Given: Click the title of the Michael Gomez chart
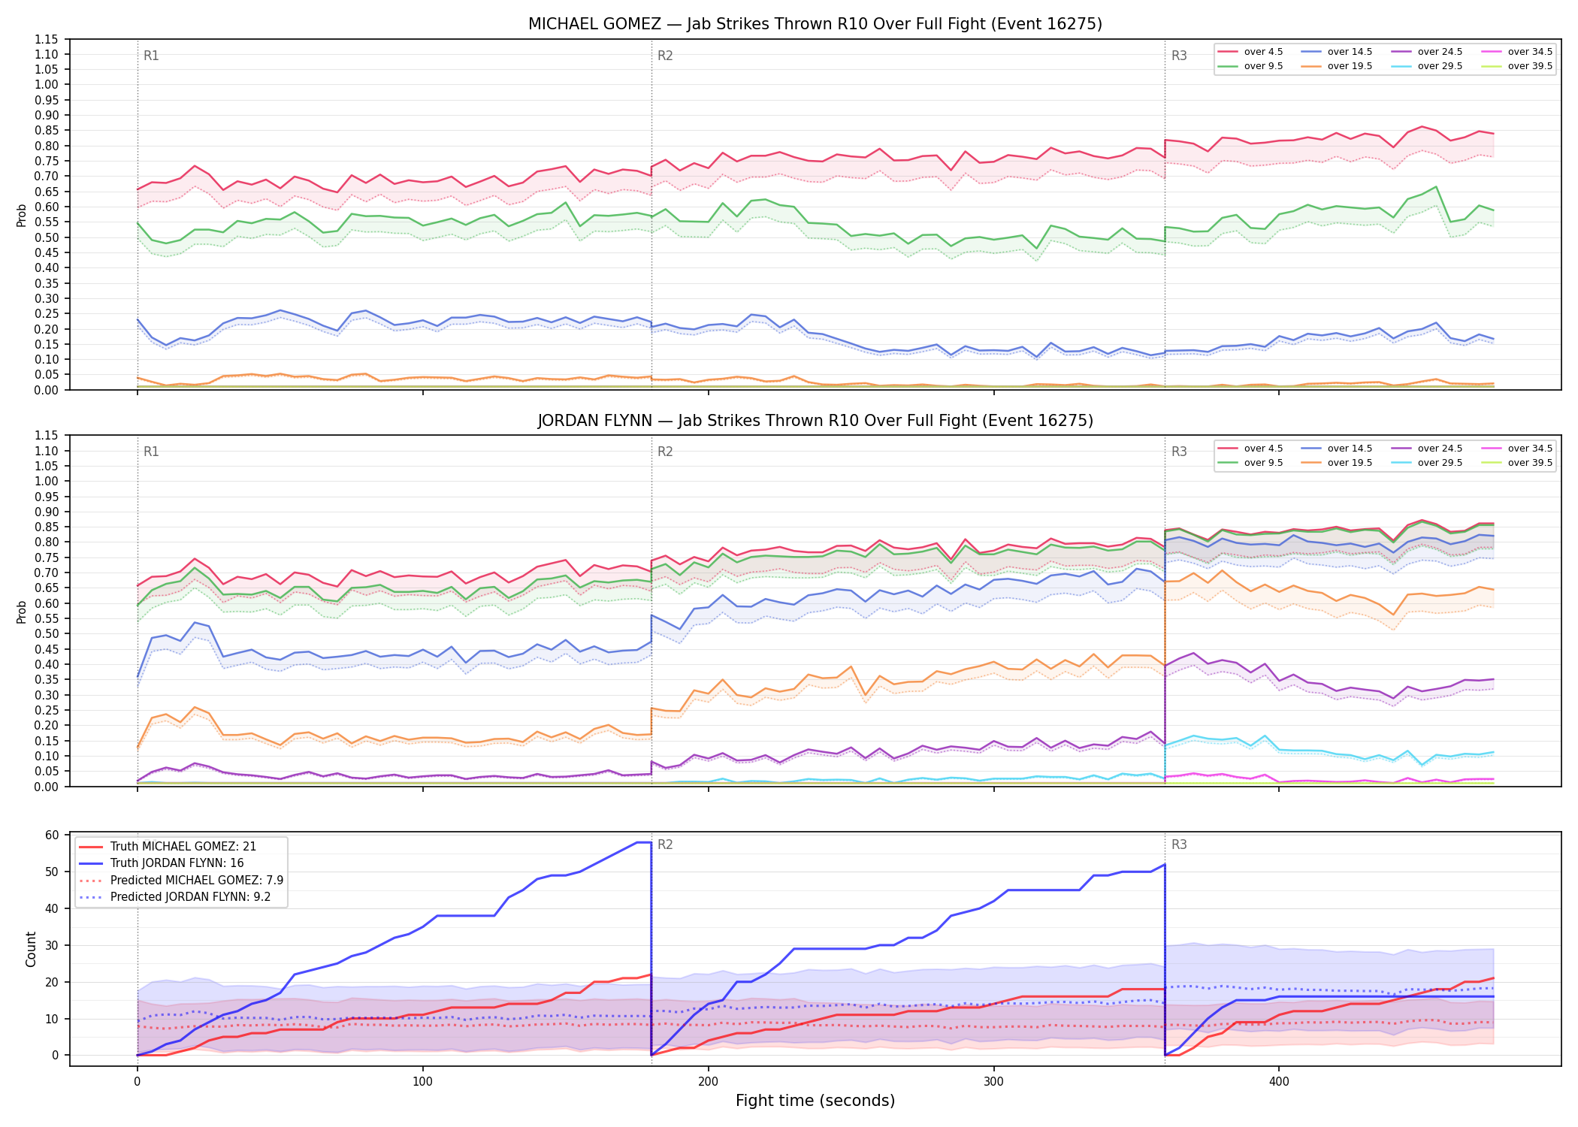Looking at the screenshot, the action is click(x=815, y=24).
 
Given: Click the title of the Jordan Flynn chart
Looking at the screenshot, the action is click(x=815, y=421).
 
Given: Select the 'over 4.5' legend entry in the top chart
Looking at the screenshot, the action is click(x=1251, y=52).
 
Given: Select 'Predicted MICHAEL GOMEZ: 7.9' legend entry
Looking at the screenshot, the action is click(x=181, y=880).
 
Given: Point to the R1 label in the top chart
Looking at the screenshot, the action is click(x=151, y=56).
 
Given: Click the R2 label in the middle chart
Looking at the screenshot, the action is click(x=665, y=452).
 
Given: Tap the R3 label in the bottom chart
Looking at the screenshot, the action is click(x=1179, y=844).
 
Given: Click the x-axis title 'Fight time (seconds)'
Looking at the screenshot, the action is click(x=815, y=1101).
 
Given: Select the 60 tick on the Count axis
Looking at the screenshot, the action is click(x=52, y=835).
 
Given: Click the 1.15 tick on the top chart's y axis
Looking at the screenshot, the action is click(x=47, y=39).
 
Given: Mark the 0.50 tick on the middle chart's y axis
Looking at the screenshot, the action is click(x=47, y=633).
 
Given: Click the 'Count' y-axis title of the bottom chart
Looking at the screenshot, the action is click(x=31, y=949).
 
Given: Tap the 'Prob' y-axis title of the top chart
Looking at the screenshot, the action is click(x=22, y=215).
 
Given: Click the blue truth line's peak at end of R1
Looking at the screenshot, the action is click(x=651, y=842).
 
